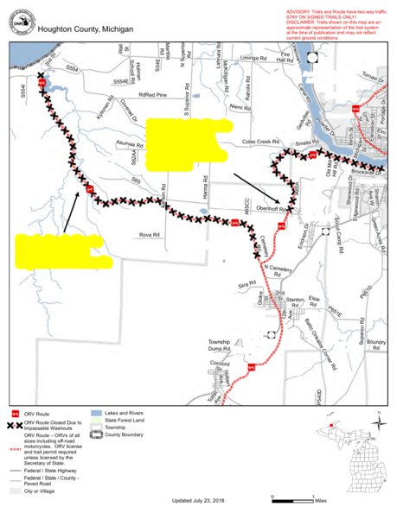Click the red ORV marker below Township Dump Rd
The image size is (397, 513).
click(250, 365)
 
